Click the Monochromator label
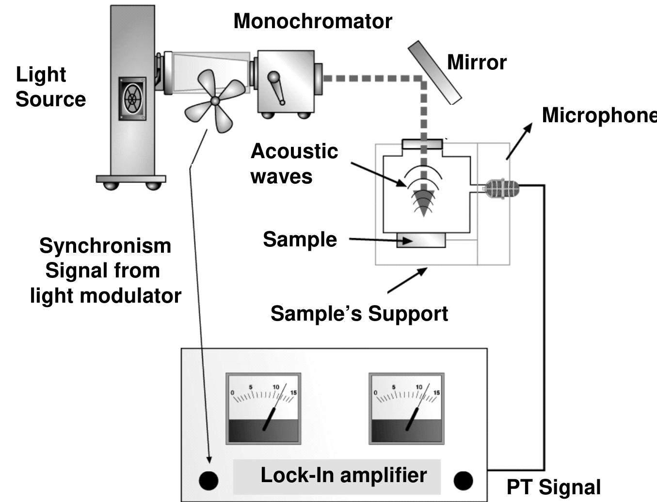point(313,21)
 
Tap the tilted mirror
point(434,73)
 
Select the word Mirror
point(477,63)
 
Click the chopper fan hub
point(215,101)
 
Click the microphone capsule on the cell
point(502,189)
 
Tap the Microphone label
point(599,115)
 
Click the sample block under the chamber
point(421,240)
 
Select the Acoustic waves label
point(294,163)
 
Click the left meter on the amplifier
point(263,408)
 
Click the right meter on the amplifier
point(406,408)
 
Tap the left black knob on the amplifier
point(208,481)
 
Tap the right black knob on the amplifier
point(464,481)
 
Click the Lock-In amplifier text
point(344,475)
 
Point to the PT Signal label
point(554,487)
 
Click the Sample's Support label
point(359,313)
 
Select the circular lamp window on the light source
point(132,98)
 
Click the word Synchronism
point(105,246)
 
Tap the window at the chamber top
point(422,144)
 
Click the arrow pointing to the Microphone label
point(519,141)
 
